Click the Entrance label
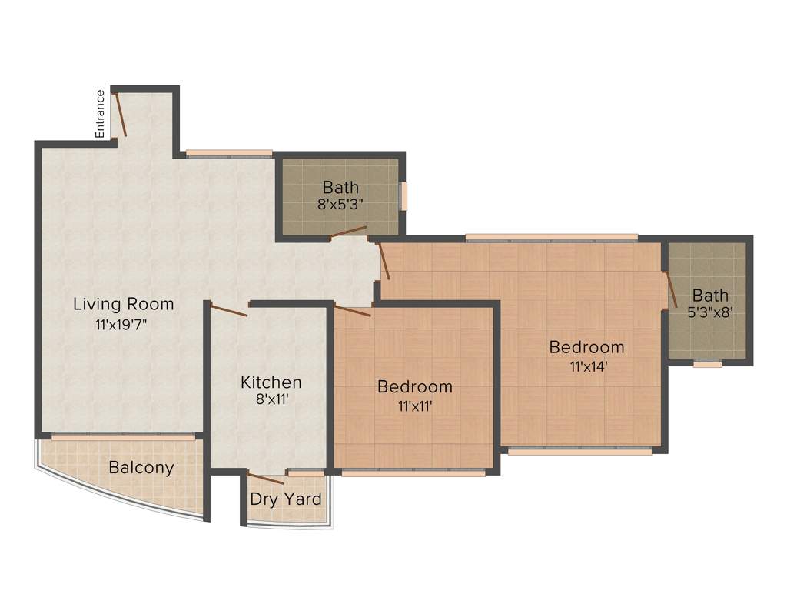pyautogui.click(x=100, y=114)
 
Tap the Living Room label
pyautogui.click(x=124, y=304)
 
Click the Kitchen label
pyautogui.click(x=271, y=382)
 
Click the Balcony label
pyautogui.click(x=141, y=467)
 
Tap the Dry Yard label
pyautogui.click(x=286, y=499)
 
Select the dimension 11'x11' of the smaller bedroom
pyautogui.click(x=415, y=406)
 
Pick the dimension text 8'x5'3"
pyautogui.click(x=340, y=205)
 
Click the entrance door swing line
pyautogui.click(x=120, y=114)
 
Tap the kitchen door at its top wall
pyautogui.click(x=228, y=311)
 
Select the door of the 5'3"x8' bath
pyautogui.click(x=669, y=289)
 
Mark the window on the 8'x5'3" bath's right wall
pyautogui.click(x=403, y=195)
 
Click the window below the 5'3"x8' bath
pyautogui.click(x=707, y=364)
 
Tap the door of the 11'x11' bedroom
pyautogui.click(x=353, y=312)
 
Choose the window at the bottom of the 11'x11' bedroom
pyautogui.click(x=413, y=473)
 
